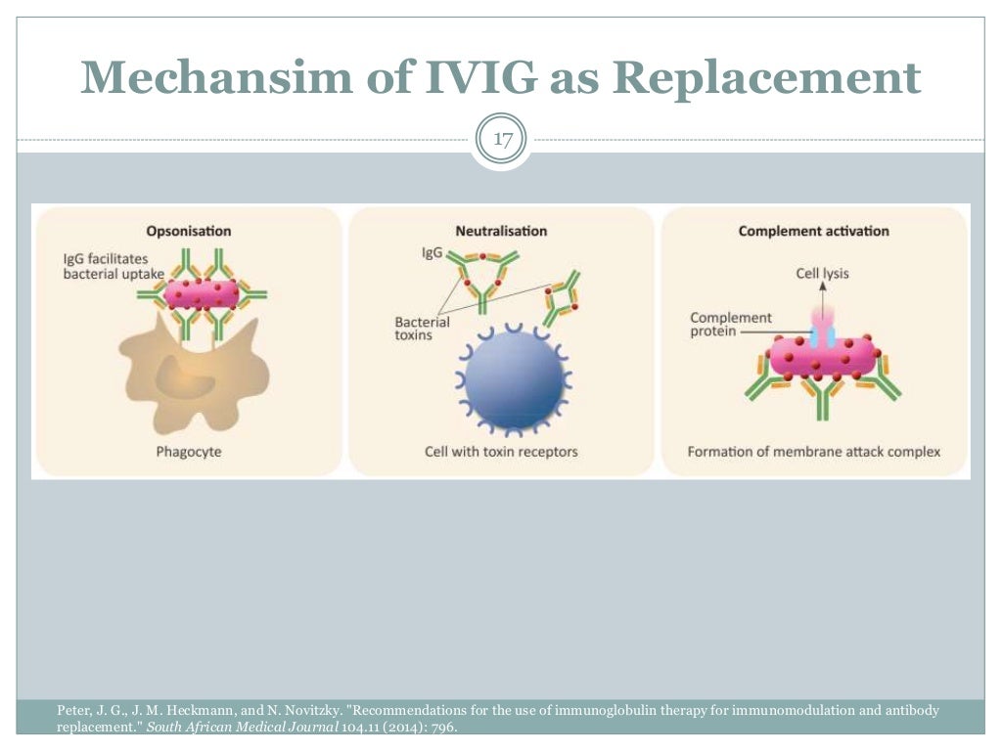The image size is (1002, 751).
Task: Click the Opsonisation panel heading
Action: (x=189, y=232)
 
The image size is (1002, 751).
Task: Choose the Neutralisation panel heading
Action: (x=501, y=232)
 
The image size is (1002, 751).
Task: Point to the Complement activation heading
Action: (x=813, y=232)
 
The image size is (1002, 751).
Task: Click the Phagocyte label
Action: (x=188, y=452)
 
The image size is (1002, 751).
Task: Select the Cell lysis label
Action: (x=822, y=274)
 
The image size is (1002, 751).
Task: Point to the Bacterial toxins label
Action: (x=422, y=328)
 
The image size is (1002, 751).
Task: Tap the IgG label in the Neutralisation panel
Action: (x=432, y=252)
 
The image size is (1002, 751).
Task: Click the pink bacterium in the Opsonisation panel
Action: (x=202, y=293)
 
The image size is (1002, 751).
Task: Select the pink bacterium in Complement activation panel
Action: (x=822, y=357)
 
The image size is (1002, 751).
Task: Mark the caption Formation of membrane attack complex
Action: (x=813, y=452)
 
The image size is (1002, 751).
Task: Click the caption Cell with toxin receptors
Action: (x=501, y=452)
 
